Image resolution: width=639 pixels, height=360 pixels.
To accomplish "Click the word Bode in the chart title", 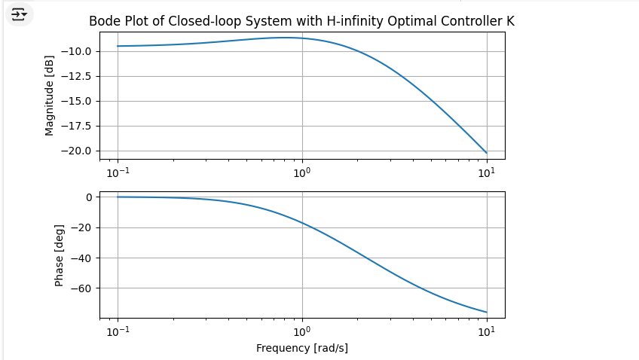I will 104,21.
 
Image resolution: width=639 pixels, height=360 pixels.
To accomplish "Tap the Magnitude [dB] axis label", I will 50,96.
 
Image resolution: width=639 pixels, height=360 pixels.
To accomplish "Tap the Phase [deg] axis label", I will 59,255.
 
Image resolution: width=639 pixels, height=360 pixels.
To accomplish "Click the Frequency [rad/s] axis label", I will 302,348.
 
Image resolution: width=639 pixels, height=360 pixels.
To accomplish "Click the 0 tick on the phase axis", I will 88,197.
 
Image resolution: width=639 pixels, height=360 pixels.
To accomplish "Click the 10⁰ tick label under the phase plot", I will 302,331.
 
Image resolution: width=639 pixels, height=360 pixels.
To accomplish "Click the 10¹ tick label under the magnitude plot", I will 487,172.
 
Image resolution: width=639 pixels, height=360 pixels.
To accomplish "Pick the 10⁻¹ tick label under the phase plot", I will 118,331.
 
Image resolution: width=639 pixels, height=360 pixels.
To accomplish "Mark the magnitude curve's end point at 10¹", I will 487,153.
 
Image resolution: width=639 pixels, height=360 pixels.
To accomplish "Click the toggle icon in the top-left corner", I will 19,14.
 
